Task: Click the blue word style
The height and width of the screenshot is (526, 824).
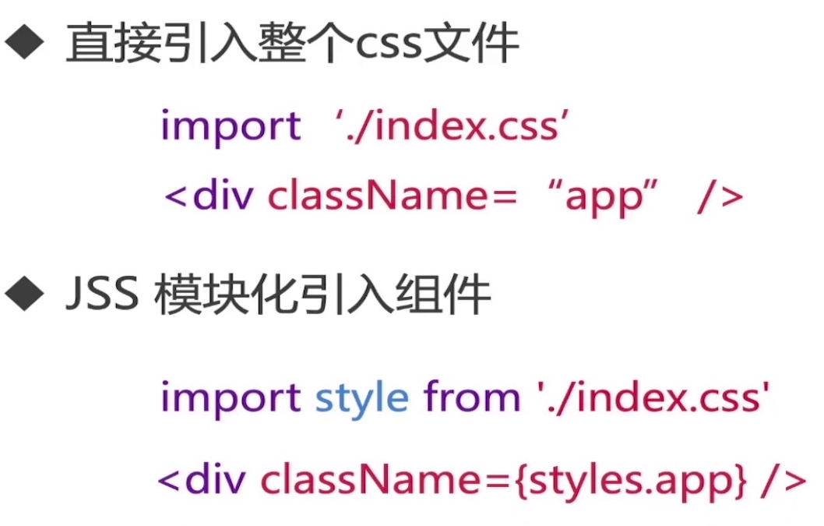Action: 361,398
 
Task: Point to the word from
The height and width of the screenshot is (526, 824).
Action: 473,398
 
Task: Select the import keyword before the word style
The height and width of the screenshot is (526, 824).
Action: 231,398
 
